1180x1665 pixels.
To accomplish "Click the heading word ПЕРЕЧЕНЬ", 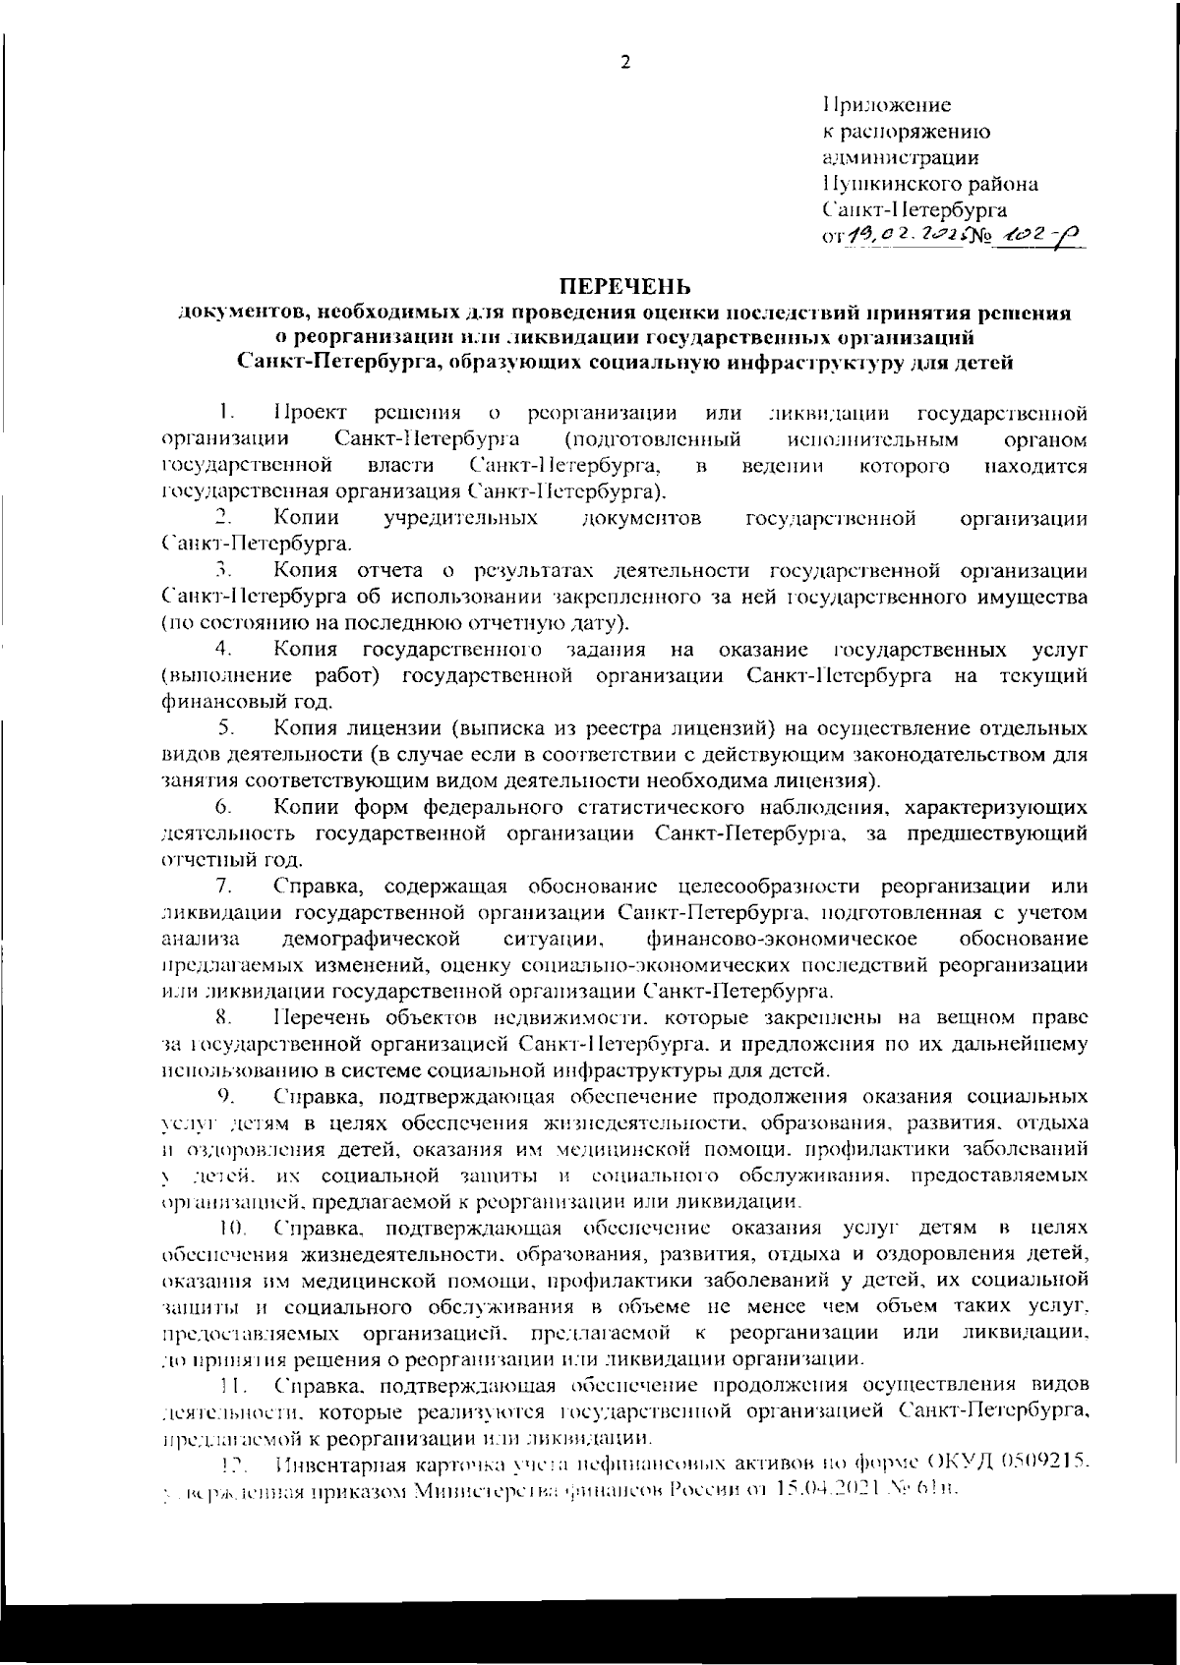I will point(625,287).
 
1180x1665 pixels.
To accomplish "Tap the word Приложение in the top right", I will point(886,104).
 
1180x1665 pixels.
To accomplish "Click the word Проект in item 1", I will point(309,411).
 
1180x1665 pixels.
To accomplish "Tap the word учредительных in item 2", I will point(461,517).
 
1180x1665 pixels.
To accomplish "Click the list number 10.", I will point(233,1228).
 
